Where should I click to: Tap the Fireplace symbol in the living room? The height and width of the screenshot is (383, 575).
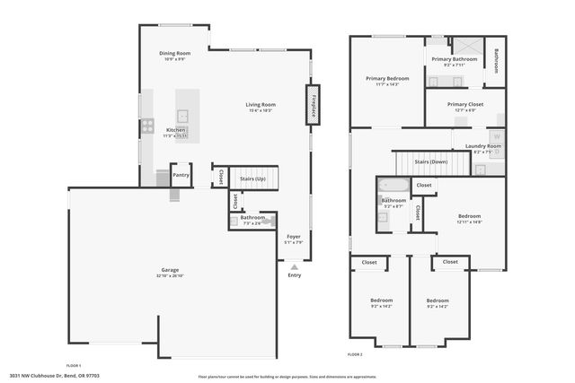pyautogui.click(x=313, y=103)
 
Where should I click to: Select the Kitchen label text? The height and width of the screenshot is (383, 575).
pyautogui.click(x=175, y=131)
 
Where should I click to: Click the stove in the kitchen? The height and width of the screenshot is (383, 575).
pyautogui.click(x=146, y=126)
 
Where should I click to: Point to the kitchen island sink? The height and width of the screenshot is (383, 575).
pyautogui.click(x=181, y=114)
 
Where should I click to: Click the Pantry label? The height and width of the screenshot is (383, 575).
pyautogui.click(x=181, y=175)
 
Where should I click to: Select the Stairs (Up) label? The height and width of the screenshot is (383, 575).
pyautogui.click(x=254, y=179)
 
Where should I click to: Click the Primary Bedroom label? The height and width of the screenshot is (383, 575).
pyautogui.click(x=387, y=79)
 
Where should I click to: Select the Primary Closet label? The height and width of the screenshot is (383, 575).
pyautogui.click(x=464, y=104)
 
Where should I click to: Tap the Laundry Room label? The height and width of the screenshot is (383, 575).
pyautogui.click(x=482, y=147)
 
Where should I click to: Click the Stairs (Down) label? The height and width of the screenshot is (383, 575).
pyautogui.click(x=431, y=162)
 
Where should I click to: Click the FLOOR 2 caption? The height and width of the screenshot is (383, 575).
pyautogui.click(x=356, y=355)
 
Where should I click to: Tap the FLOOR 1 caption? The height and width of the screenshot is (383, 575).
pyautogui.click(x=74, y=366)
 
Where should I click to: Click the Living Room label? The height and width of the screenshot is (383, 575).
pyautogui.click(x=261, y=106)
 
